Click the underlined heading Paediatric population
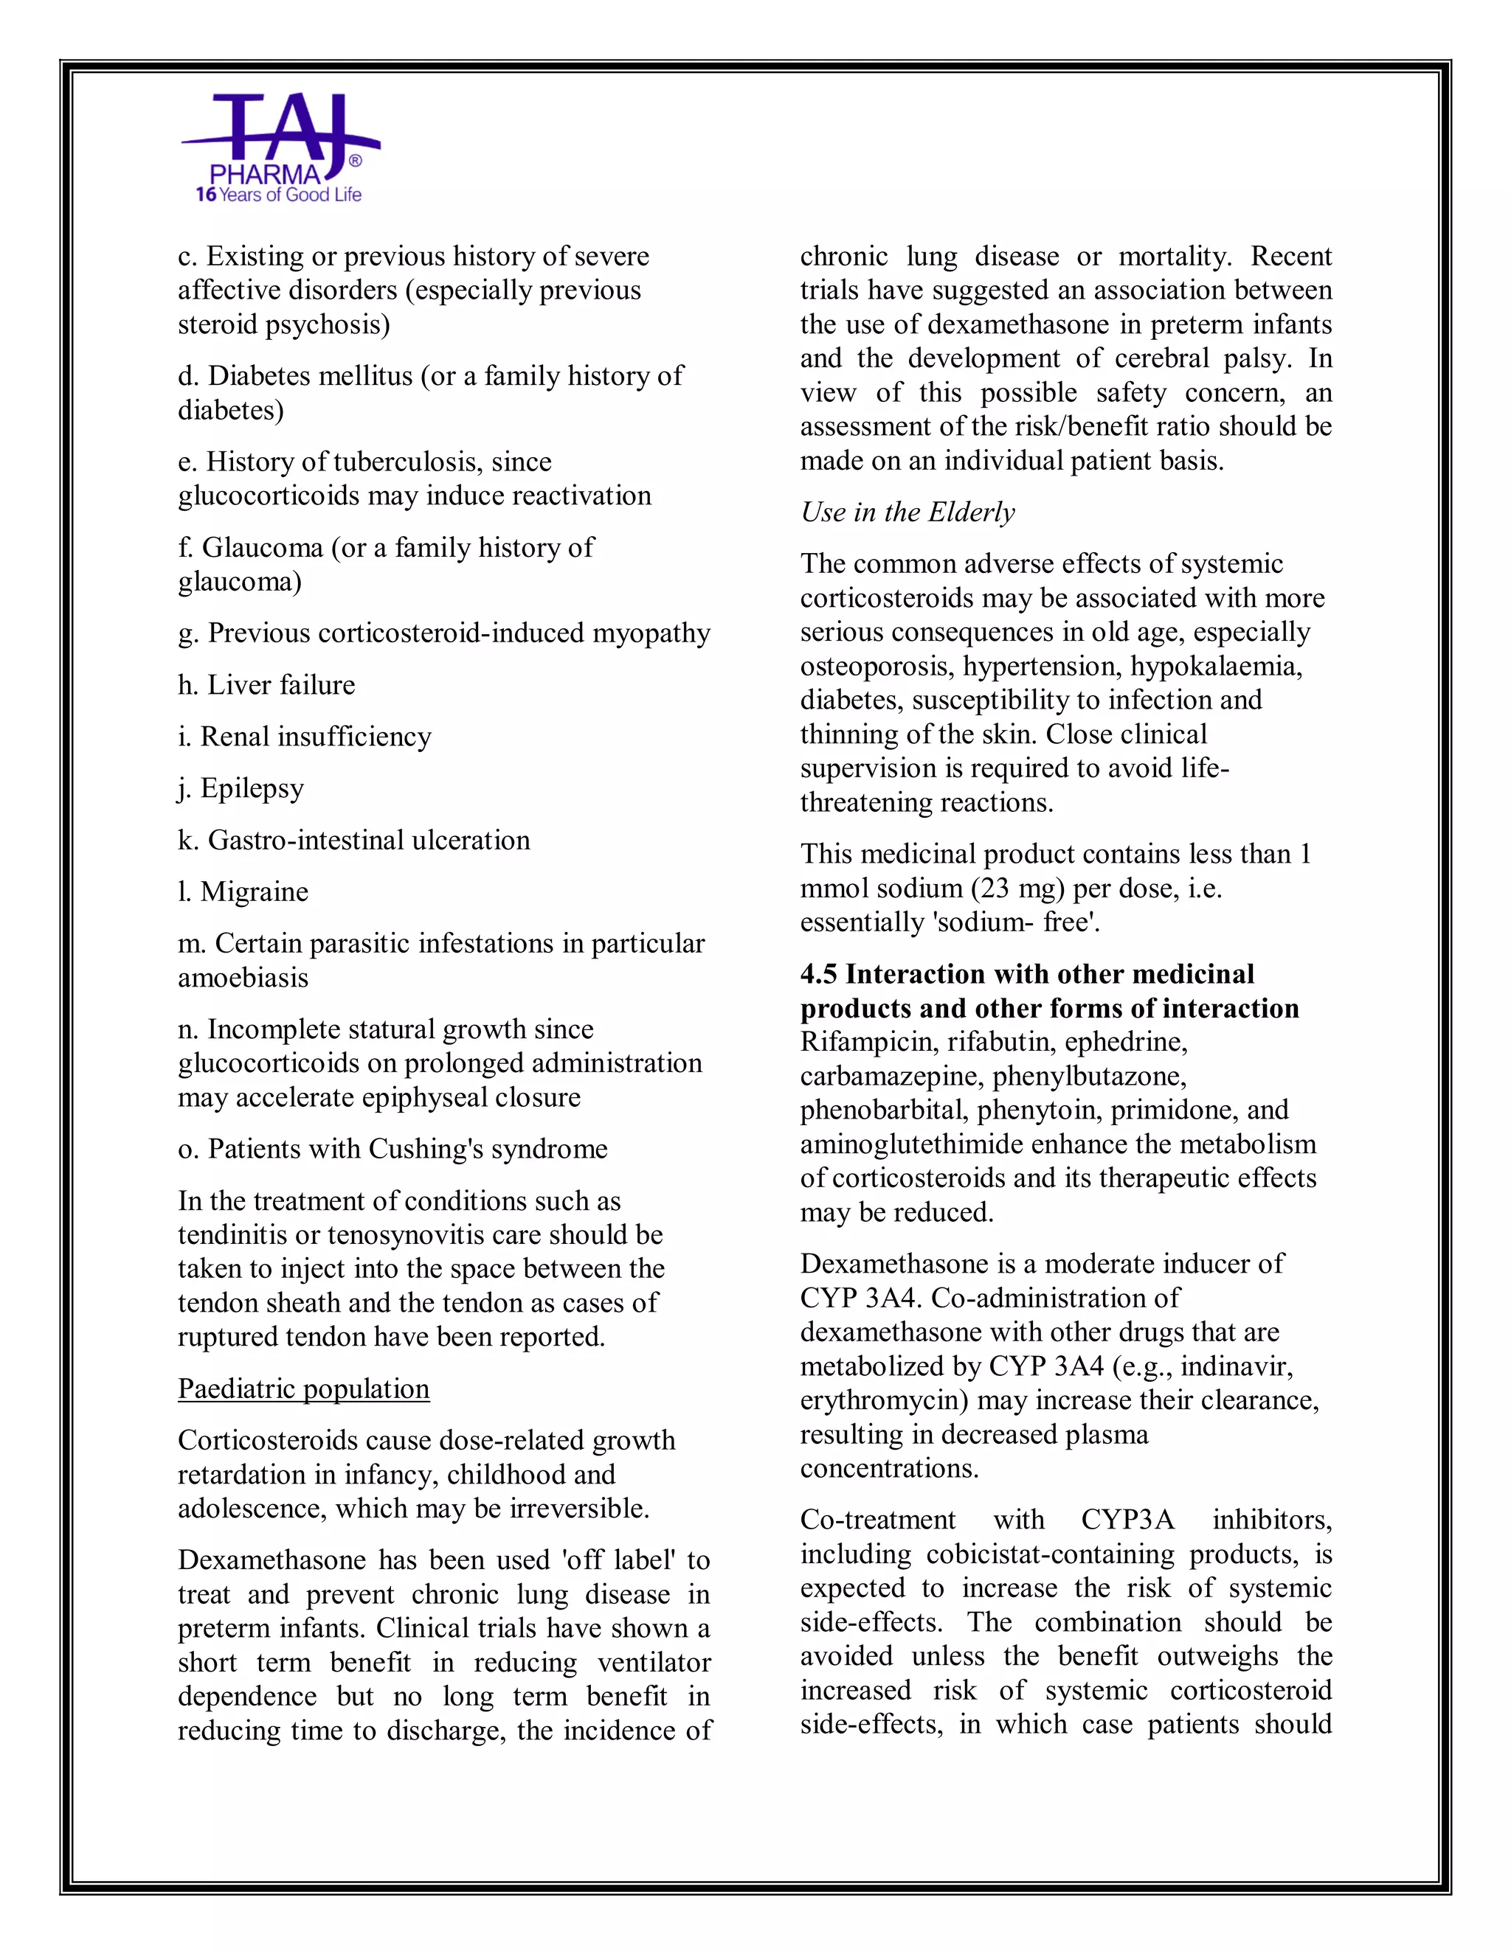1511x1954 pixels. (x=303, y=1388)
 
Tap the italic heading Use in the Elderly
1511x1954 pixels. (x=907, y=512)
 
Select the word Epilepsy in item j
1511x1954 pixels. (x=252, y=788)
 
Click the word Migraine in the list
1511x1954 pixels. (x=255, y=892)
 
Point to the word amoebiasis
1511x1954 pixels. (x=243, y=978)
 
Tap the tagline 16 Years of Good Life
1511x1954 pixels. (x=278, y=195)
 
